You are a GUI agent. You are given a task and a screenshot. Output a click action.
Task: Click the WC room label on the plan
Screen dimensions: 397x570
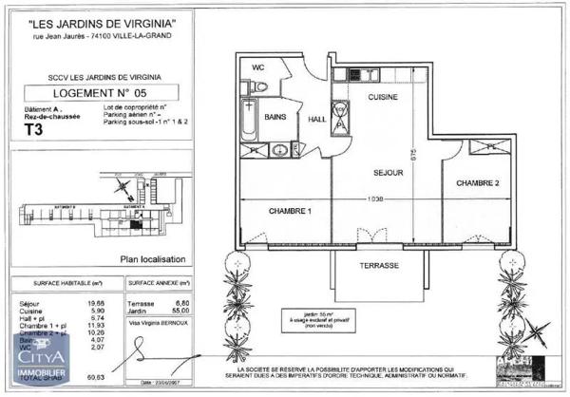258,68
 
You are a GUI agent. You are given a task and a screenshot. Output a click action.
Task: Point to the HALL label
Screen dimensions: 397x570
317,119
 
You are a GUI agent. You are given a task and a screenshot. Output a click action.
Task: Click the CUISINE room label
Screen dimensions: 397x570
382,98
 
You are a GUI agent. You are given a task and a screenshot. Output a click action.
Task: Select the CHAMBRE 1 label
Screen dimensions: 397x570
290,211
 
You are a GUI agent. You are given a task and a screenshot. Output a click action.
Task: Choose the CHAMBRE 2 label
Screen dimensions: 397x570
477,182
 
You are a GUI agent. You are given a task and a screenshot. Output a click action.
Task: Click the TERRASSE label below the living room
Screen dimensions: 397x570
379,266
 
